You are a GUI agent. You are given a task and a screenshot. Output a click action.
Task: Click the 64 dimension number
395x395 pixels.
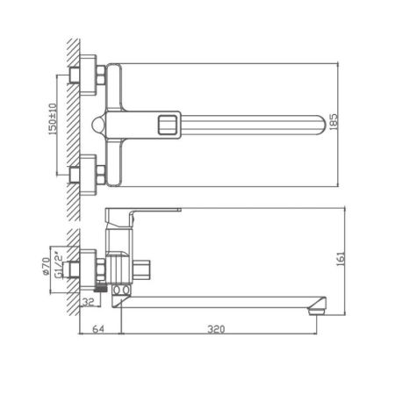100,330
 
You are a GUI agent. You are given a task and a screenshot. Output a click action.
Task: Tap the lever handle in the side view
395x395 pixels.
145,213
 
